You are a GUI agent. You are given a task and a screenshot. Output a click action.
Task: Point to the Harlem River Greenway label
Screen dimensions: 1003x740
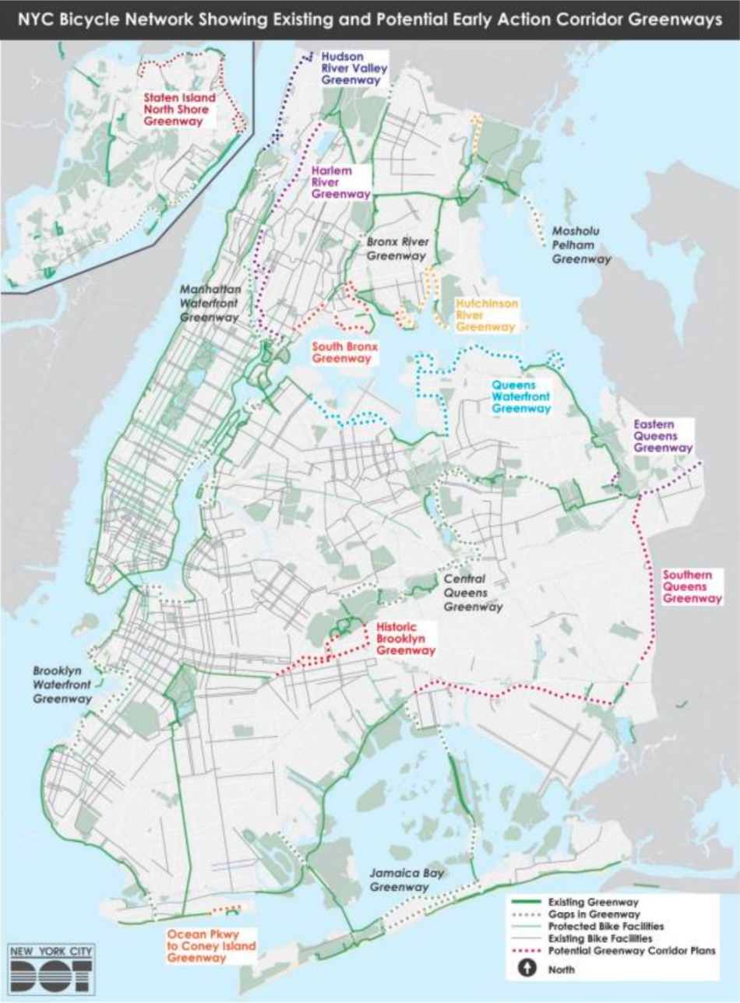pyautogui.click(x=340, y=183)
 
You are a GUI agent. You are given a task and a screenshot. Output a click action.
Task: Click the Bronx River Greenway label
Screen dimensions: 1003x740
pyautogui.click(x=397, y=248)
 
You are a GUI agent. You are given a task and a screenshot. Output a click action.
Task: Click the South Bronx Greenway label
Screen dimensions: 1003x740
pyautogui.click(x=340, y=353)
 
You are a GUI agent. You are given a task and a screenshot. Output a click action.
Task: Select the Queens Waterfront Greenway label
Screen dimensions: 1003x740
pyautogui.click(x=521, y=396)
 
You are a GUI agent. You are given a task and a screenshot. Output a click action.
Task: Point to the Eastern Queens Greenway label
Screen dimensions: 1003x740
pyautogui.click(x=662, y=437)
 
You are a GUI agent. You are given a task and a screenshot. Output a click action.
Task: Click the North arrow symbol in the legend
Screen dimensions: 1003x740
pyautogui.click(x=526, y=970)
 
